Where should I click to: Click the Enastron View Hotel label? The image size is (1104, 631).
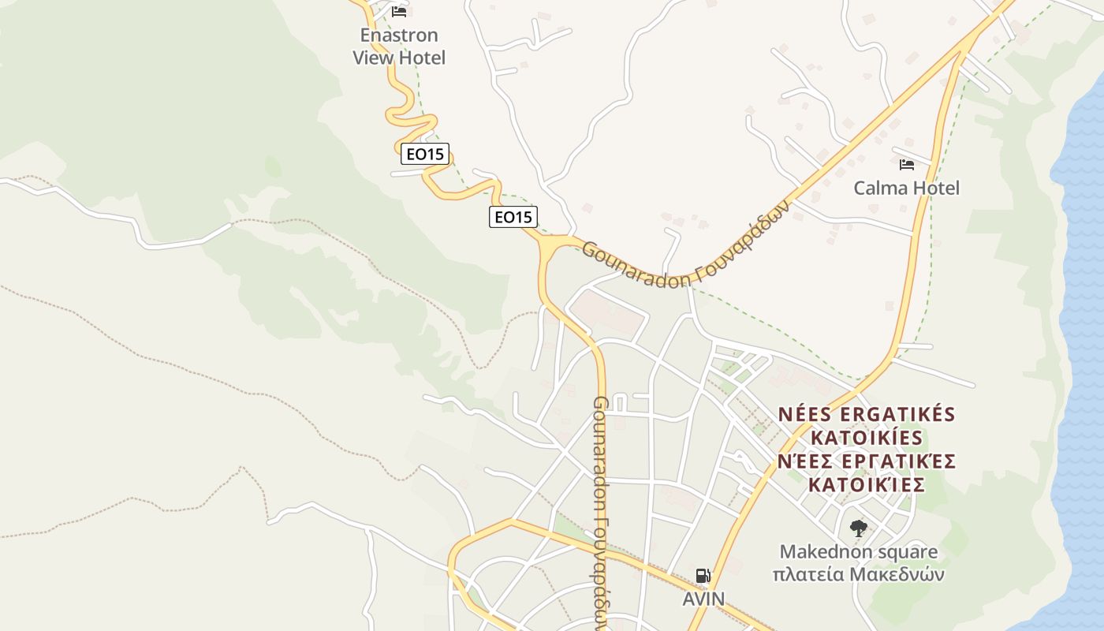[x=399, y=47]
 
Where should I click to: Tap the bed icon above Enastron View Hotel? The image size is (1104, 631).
[x=399, y=12]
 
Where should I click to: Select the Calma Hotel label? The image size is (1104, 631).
[x=907, y=188]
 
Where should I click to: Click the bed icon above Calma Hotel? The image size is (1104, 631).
[x=907, y=165]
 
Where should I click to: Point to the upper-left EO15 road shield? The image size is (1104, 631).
[x=425, y=154]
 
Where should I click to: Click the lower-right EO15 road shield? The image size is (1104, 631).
[x=513, y=216]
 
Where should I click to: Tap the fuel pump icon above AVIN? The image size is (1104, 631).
[x=703, y=576]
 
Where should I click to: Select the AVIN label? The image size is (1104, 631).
[x=703, y=599]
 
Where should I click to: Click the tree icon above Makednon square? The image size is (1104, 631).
[x=858, y=528]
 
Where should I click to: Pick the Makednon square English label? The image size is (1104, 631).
[x=859, y=552]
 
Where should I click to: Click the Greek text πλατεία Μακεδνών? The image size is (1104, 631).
[x=859, y=574]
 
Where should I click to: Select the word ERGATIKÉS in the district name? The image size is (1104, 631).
[x=894, y=415]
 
